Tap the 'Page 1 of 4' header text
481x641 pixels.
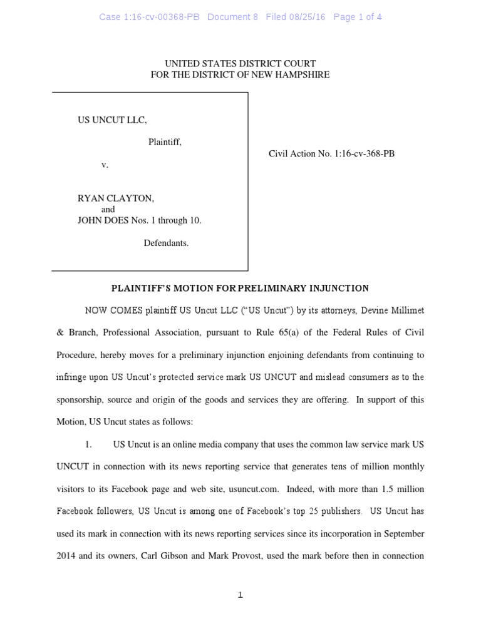[x=358, y=18]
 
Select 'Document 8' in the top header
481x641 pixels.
[x=232, y=18]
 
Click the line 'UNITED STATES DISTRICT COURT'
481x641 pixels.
[x=240, y=64]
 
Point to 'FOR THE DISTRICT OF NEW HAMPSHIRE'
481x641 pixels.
[x=240, y=75]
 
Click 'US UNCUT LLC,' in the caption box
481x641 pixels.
[x=112, y=120]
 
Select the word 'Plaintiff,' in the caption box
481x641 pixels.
[x=165, y=142]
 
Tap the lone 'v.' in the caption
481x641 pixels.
[x=105, y=165]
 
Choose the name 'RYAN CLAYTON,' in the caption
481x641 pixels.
[x=116, y=198]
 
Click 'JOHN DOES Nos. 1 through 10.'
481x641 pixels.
[x=139, y=220]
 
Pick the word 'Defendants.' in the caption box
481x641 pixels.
[x=166, y=243]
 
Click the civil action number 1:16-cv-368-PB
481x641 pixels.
[x=365, y=153]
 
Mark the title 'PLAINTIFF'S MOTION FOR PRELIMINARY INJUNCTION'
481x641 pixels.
[x=240, y=289]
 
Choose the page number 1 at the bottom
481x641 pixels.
[x=240, y=595]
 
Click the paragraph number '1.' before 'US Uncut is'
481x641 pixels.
[x=88, y=444]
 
